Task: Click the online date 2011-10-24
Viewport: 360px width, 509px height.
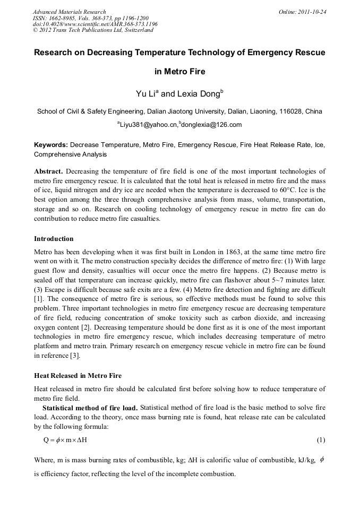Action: [311, 12]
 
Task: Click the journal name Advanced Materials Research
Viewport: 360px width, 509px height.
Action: [69, 12]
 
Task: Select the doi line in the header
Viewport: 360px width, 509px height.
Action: [95, 24]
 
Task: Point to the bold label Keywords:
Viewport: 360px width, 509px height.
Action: [51, 144]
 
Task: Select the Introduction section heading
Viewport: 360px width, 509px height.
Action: [54, 239]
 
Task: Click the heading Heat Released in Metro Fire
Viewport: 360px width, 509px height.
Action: [78, 376]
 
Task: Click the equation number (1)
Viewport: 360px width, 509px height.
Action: [321, 440]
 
